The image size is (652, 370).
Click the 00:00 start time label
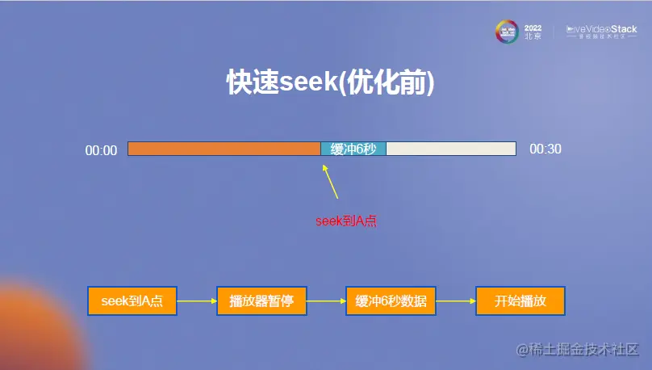tap(102, 150)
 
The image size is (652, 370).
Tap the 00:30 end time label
tap(545, 149)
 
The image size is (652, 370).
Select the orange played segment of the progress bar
tap(224, 149)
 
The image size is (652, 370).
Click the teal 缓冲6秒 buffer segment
tap(353, 149)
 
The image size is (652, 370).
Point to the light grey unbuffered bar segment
tap(450, 149)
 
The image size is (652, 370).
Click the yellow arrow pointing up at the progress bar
tap(330, 182)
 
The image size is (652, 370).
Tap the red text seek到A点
tap(345, 221)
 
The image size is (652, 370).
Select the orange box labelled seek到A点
tap(132, 301)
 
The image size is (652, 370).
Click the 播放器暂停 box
tap(261, 301)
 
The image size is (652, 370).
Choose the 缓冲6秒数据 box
tap(391, 301)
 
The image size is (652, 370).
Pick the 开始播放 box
tap(520, 301)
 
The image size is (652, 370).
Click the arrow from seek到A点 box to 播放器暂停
tap(196, 301)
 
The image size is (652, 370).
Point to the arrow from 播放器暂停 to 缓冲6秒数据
tap(326, 301)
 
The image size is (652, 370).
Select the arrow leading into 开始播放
tap(455, 301)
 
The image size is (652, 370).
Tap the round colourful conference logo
tap(506, 32)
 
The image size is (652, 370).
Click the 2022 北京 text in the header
tap(533, 32)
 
